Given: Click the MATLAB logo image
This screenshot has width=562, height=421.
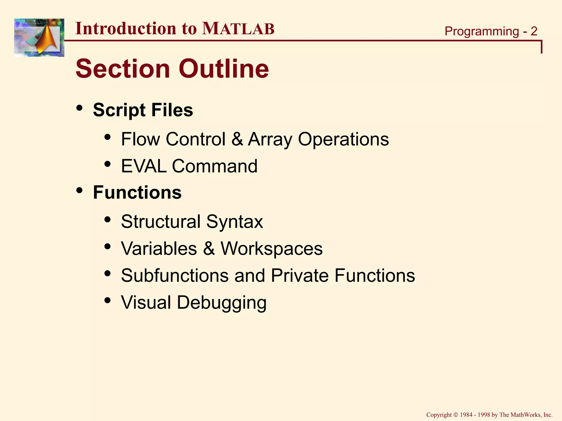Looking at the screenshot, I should coord(39,38).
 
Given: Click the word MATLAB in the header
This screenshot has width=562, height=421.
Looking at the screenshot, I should coord(238,29).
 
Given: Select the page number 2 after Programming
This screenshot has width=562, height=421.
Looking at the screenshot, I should coord(534,31).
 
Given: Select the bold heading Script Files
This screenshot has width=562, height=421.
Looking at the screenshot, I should coord(143,110).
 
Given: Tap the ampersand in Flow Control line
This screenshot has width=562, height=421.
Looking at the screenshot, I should coord(237,139).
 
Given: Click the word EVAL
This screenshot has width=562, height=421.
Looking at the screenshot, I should coord(144,166).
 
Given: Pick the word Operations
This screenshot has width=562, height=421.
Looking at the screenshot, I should coord(343,139).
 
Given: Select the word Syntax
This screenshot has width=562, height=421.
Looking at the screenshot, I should coord(235,221).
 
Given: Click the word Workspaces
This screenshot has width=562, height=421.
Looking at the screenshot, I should coord(272,249).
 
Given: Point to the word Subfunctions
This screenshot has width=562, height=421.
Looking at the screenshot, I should coord(175,275).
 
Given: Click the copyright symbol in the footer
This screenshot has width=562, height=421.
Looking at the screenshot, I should coord(456,415).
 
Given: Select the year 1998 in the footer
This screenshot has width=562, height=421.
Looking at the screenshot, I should coord(484,415).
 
